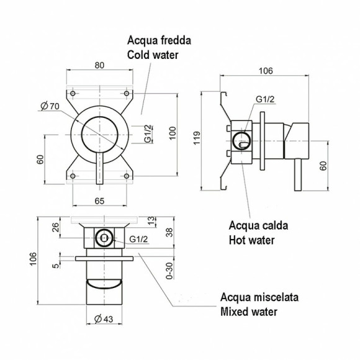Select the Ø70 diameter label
(50, 107)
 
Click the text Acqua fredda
(159, 41)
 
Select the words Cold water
(153, 55)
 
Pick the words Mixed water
(249, 312)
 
